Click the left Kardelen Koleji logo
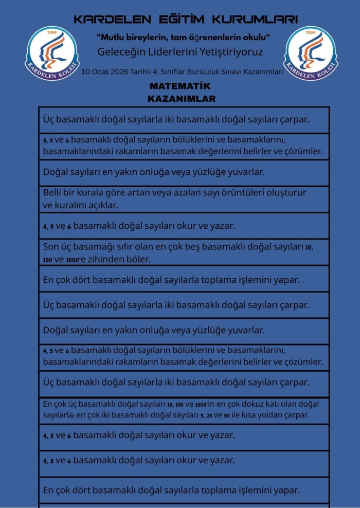tap(52, 53)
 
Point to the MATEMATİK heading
tap(180, 86)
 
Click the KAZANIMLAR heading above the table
tap(182, 98)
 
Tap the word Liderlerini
tap(172, 52)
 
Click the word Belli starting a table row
tap(53, 192)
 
